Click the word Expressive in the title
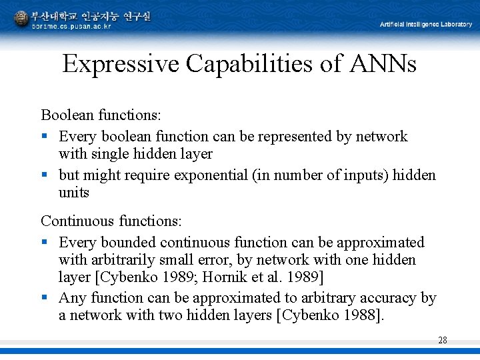121,65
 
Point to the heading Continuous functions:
111,221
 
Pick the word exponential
211,175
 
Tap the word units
73,193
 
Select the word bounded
125,242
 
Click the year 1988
363,315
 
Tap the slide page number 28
443,341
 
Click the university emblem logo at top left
21,19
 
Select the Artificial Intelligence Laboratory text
426,25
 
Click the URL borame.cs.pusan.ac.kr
71,26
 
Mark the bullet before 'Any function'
44,298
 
